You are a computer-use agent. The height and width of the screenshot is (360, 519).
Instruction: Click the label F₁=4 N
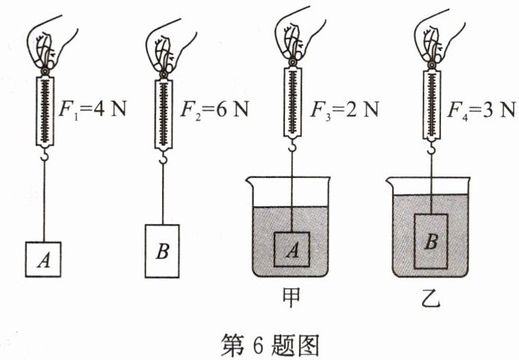click(x=92, y=109)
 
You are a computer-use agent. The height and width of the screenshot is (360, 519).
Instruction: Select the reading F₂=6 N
click(x=214, y=109)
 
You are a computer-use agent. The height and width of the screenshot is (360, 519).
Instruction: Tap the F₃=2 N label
click(x=344, y=109)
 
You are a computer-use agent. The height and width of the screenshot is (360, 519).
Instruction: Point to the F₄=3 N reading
click(x=482, y=109)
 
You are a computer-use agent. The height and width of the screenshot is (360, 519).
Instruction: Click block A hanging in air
click(x=43, y=259)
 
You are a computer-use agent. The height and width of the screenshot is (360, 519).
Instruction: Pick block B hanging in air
click(x=162, y=251)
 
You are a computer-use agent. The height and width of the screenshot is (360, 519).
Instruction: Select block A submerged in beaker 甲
click(x=292, y=249)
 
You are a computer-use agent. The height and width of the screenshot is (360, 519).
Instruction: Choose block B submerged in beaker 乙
click(x=431, y=242)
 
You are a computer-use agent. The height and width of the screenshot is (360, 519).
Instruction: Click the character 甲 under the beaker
click(x=291, y=297)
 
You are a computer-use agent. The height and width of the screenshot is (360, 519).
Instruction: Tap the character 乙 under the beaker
click(x=431, y=297)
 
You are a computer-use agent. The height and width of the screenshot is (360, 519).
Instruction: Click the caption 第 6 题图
click(x=270, y=345)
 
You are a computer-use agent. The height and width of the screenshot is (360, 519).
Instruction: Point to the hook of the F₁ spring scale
click(x=44, y=155)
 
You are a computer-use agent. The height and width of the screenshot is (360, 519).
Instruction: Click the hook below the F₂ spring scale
click(x=163, y=157)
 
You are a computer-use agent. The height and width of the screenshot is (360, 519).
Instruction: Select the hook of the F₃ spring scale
click(x=292, y=145)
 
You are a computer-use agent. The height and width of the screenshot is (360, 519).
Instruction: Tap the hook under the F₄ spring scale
click(x=431, y=148)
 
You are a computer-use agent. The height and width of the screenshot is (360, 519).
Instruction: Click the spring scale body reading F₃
click(x=293, y=102)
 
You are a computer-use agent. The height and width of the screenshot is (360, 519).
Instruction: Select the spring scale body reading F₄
click(x=432, y=105)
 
